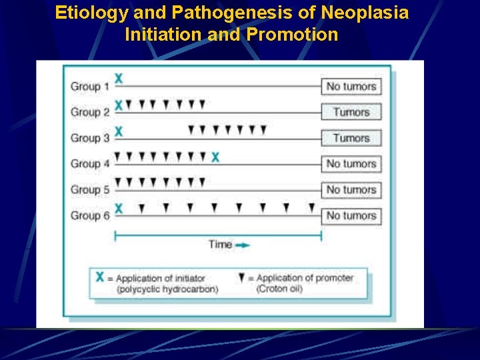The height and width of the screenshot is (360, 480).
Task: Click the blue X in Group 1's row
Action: click(x=119, y=79)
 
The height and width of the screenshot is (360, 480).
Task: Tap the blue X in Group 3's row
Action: click(x=119, y=131)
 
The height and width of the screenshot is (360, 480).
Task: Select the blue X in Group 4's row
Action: click(x=215, y=157)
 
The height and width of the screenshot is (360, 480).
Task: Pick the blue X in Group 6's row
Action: click(x=119, y=209)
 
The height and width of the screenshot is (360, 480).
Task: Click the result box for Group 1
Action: click(x=351, y=86)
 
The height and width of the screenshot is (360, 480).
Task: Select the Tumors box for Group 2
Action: click(x=351, y=112)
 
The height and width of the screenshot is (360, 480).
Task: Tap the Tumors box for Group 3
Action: click(x=351, y=138)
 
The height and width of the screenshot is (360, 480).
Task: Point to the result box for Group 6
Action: click(x=351, y=215)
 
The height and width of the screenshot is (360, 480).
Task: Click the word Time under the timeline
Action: click(x=220, y=244)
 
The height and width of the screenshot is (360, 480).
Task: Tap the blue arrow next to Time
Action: click(x=243, y=245)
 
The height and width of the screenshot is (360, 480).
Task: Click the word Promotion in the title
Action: click(x=292, y=34)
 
